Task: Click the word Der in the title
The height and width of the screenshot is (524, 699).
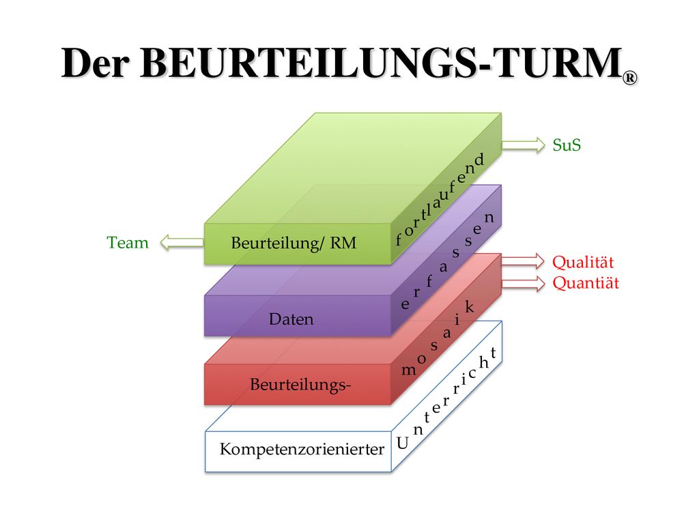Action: pyautogui.click(x=96, y=63)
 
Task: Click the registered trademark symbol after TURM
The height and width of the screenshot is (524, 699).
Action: pyautogui.click(x=630, y=78)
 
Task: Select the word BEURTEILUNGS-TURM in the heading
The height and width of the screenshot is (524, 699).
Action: pyautogui.click(x=381, y=63)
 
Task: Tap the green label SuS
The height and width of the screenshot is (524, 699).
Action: pyautogui.click(x=567, y=145)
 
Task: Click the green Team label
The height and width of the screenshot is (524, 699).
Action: pyautogui.click(x=128, y=242)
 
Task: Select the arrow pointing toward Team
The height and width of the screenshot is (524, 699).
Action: pyautogui.click(x=182, y=242)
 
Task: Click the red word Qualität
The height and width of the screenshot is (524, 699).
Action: pyautogui.click(x=583, y=262)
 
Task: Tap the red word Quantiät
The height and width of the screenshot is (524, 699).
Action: pyautogui.click(x=586, y=282)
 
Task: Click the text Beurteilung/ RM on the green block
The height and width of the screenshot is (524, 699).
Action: pyautogui.click(x=294, y=243)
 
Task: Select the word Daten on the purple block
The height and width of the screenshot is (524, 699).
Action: pyautogui.click(x=291, y=319)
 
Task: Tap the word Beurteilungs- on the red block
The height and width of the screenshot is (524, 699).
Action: pyautogui.click(x=300, y=384)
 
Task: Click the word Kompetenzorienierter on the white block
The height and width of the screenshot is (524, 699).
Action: pyautogui.click(x=302, y=449)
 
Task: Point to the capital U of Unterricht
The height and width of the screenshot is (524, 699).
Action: pyautogui.click(x=403, y=442)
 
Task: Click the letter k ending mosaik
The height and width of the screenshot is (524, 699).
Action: pyautogui.click(x=469, y=306)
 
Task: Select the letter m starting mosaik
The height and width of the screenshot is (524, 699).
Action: pyautogui.click(x=408, y=369)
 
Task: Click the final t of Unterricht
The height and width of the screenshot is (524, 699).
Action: pyautogui.click(x=493, y=353)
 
